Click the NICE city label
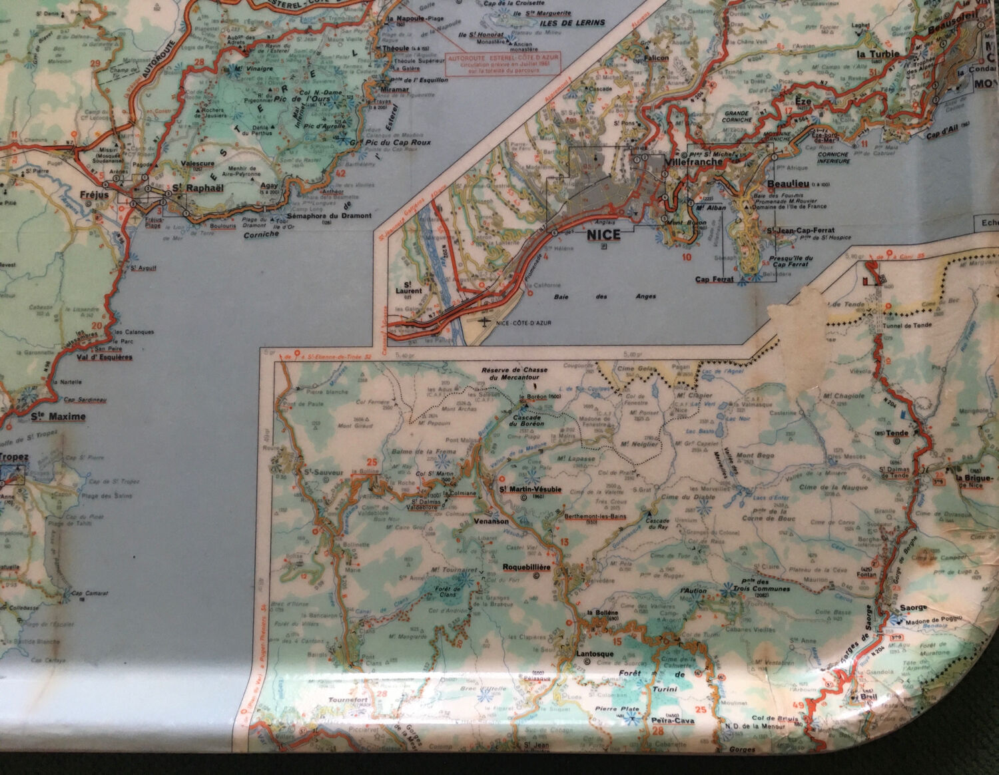[603, 234]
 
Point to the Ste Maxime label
[59, 417]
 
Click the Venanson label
[491, 521]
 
